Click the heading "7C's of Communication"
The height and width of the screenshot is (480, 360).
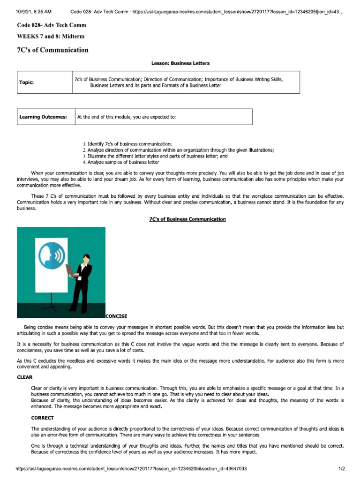[x=52, y=50]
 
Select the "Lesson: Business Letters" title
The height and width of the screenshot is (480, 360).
[x=180, y=63]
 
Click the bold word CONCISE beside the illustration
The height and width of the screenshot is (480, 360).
[x=116, y=316]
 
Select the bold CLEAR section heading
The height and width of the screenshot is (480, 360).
[x=25, y=376]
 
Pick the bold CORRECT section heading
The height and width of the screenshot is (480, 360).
[x=42, y=418]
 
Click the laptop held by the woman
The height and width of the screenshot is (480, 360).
[x=71, y=270]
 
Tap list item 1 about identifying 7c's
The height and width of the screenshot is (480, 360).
[x=127, y=143]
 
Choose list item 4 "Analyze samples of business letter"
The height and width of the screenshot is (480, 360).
[x=120, y=162]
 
